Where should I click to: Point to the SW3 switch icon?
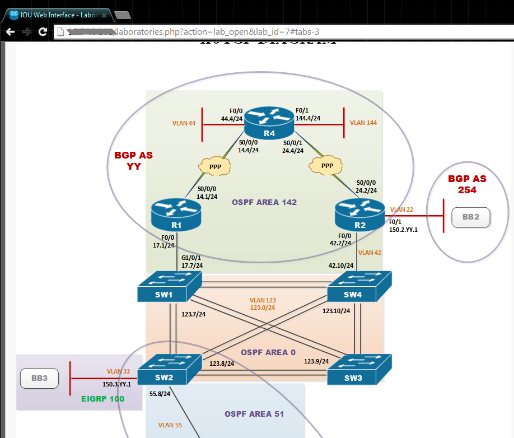point(358,371)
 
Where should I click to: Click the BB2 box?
point(471,217)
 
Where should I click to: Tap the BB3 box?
point(39,379)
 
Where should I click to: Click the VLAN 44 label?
point(184,123)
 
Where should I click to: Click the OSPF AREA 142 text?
point(264,202)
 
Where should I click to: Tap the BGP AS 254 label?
point(467,184)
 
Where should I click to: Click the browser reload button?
point(43,32)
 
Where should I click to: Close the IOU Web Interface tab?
point(104,16)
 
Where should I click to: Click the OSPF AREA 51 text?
point(254,414)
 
